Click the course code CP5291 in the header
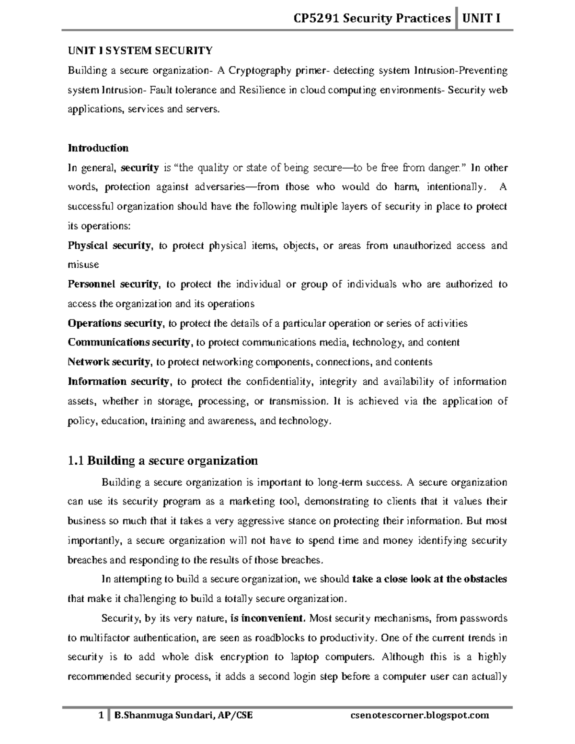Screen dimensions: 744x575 click(x=315, y=19)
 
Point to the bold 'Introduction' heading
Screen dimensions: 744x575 click(x=98, y=148)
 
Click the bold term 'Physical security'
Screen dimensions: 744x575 click(x=109, y=246)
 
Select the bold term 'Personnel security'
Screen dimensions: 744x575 click(x=113, y=285)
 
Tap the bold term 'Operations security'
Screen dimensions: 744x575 click(x=115, y=323)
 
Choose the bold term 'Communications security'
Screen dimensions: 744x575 click(x=129, y=343)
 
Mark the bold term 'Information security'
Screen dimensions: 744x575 click(x=118, y=382)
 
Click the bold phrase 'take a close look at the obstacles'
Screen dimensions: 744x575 click(x=429, y=579)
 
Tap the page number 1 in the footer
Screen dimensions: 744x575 click(x=101, y=716)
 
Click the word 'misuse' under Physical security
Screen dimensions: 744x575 click(x=83, y=265)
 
